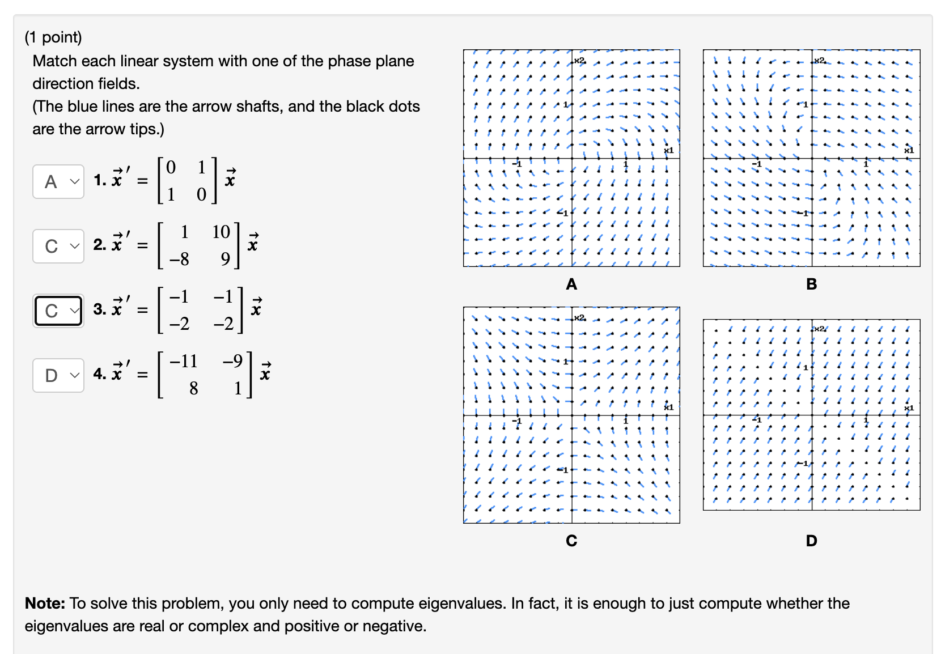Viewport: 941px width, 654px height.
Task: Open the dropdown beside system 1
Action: [58, 182]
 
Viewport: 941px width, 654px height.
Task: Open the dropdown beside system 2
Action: [58, 247]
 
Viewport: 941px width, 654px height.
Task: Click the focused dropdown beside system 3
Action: [58, 311]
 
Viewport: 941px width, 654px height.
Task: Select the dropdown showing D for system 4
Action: [58, 375]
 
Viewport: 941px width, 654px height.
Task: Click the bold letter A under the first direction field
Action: [571, 284]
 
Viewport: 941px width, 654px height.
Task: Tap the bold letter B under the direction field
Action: [811, 284]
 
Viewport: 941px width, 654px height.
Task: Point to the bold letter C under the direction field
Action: [571, 541]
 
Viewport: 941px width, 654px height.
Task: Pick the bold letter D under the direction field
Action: [811, 541]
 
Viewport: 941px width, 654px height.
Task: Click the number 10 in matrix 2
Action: [221, 232]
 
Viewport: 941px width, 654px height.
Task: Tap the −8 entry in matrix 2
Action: [179, 260]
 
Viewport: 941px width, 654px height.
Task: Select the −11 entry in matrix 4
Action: [183, 361]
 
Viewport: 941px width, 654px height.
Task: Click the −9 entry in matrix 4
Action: [232, 361]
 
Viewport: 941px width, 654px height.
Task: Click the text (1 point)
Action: [53, 37]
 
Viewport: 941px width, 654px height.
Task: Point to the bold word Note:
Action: [45, 604]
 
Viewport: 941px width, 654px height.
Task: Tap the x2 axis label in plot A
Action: [579, 60]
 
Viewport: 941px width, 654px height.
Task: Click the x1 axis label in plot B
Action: [909, 150]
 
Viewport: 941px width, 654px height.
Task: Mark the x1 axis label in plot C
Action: [669, 407]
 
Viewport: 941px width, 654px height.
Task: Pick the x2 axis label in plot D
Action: [819, 329]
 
